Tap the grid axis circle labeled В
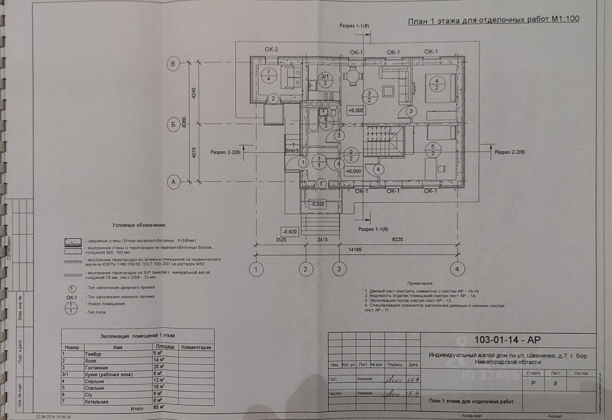pos(175,63)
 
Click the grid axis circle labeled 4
pos(458,269)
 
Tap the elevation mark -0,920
pos(290,231)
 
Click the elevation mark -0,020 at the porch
pos(318,204)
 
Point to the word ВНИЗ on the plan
pos(292,151)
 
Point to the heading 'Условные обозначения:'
pos(139,225)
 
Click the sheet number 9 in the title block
pos(555,384)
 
